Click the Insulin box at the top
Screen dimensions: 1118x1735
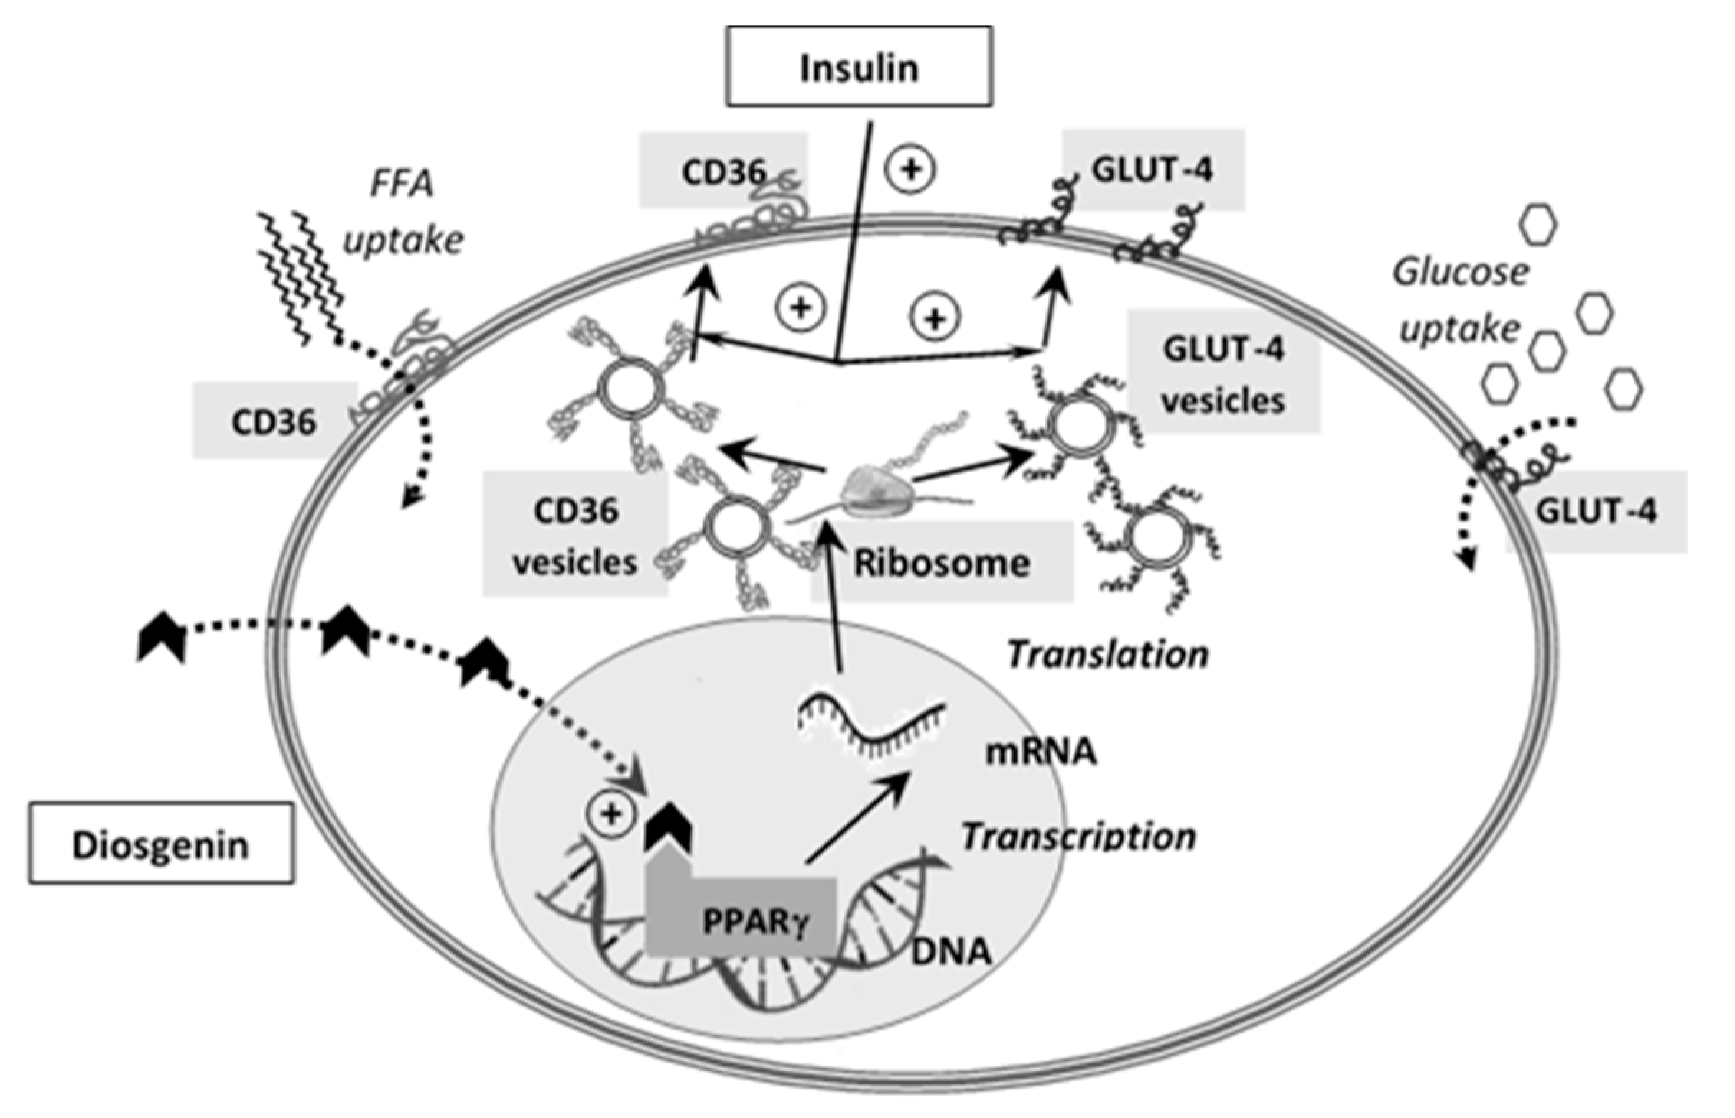click(859, 67)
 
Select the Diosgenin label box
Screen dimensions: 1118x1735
click(161, 844)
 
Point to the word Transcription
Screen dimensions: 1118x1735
click(1078, 837)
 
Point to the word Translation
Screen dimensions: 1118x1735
click(1107, 654)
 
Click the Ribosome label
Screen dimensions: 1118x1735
click(941, 563)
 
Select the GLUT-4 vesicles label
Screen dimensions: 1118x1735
click(1223, 374)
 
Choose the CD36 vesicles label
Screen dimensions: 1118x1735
click(575, 536)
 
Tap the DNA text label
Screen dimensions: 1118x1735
click(950, 951)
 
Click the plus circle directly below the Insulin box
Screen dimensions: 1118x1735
click(911, 170)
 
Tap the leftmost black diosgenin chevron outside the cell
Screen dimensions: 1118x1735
click(161, 637)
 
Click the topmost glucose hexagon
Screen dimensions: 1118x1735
click(1538, 225)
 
